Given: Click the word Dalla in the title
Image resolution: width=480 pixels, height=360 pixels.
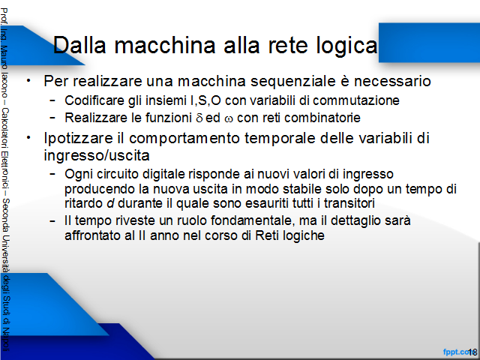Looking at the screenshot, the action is (x=79, y=45).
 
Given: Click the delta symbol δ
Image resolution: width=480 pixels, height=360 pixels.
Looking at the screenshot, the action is (x=199, y=118).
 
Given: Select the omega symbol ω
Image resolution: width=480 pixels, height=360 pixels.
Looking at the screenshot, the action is (x=228, y=119).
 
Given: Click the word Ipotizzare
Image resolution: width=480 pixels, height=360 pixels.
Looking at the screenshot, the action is (x=78, y=138).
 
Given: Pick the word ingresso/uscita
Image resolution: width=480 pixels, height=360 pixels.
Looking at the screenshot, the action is (x=97, y=155).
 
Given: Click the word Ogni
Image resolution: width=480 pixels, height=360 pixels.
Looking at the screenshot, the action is (x=78, y=175).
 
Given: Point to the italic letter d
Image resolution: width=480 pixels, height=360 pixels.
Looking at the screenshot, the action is (x=110, y=203).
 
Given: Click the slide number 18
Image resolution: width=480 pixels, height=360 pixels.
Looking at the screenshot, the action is (x=472, y=352).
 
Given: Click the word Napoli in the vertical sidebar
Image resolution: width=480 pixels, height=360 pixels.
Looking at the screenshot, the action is (x=6, y=340).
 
